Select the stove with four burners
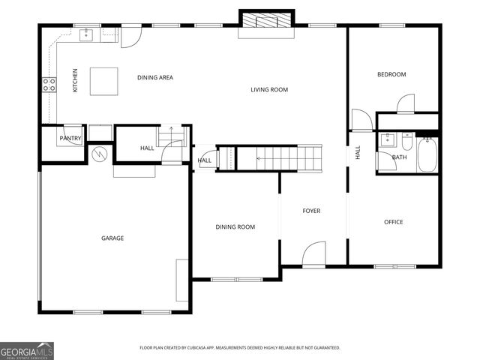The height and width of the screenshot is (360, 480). click(x=49, y=85)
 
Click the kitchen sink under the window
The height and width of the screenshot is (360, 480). click(x=87, y=33)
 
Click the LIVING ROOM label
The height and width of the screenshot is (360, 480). click(x=269, y=90)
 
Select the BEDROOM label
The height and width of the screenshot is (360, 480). click(x=391, y=74)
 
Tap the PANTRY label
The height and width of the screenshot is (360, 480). click(x=70, y=138)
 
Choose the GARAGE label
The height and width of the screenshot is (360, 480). click(x=112, y=238)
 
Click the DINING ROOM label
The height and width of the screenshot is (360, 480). click(x=235, y=226)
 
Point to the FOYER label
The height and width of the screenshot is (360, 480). click(x=311, y=211)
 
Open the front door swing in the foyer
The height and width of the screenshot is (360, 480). click(x=315, y=253)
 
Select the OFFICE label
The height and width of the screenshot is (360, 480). click(x=394, y=222)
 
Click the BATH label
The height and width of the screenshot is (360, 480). click(x=400, y=157)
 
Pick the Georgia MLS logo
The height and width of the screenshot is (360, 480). click(x=26, y=350)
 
